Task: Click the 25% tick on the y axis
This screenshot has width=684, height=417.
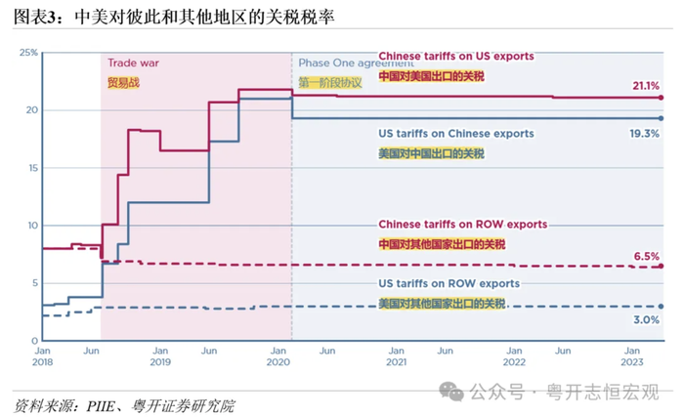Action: coord(27,52)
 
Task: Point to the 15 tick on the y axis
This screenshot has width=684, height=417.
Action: coord(29,168)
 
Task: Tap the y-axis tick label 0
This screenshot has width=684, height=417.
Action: coord(33,341)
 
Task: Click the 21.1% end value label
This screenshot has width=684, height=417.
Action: coord(646,86)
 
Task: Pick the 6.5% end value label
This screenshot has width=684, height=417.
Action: coord(648,256)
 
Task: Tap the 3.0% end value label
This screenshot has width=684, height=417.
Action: coord(647,320)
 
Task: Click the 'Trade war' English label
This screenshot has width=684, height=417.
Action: coord(133,63)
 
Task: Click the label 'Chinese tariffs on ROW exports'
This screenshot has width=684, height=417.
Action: coord(462,224)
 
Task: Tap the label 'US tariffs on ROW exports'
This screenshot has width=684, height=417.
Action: coord(449,283)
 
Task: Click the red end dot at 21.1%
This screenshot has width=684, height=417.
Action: coord(662,98)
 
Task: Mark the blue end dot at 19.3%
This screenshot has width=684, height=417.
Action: coord(662,118)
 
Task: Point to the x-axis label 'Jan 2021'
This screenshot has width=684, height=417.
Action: coord(397,355)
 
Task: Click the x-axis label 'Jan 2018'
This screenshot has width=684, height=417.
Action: coord(43,355)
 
